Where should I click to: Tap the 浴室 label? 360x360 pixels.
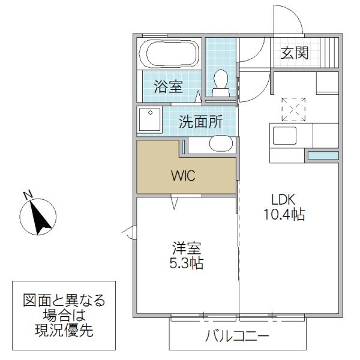point(168,86)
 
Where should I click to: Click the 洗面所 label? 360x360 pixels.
point(200,122)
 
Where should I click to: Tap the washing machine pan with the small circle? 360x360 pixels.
point(149,121)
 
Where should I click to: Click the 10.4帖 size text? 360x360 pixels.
point(284,215)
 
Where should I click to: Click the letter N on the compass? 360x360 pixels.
point(26,194)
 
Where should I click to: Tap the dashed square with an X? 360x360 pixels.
point(293,110)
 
